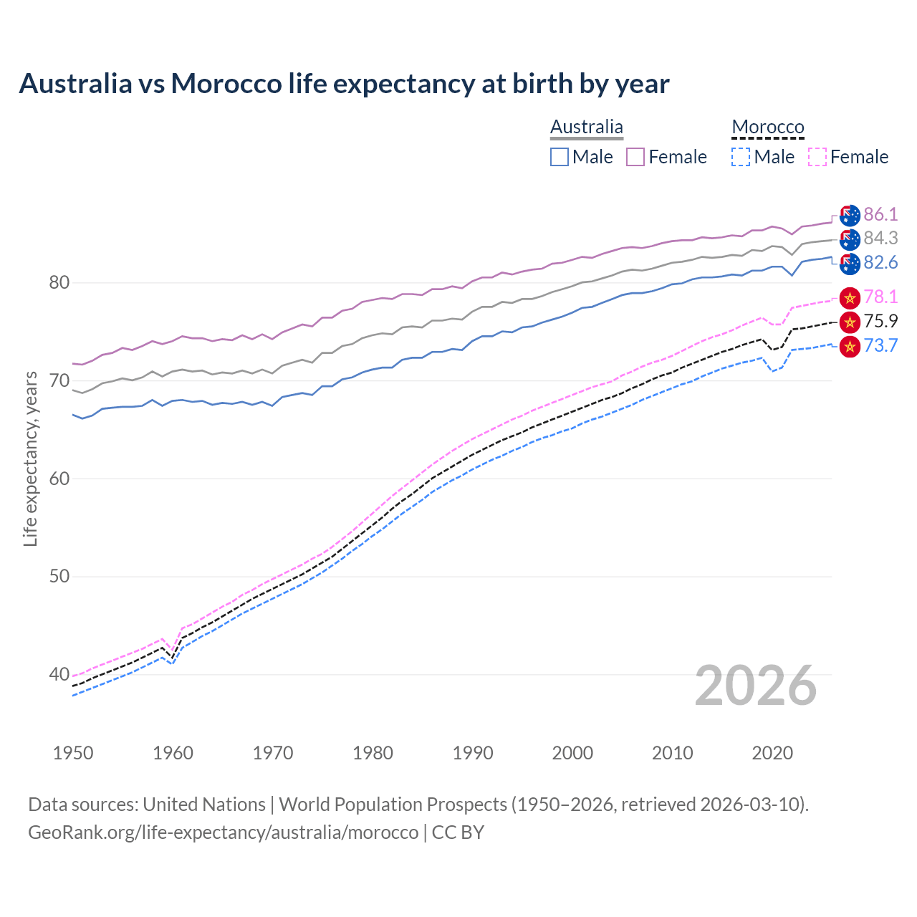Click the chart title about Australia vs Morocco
tap(344, 84)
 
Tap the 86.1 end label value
tap(880, 214)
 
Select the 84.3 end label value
tap(880, 238)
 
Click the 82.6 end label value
tap(880, 262)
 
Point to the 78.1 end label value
tap(880, 297)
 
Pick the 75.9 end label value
tap(880, 321)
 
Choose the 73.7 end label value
tap(880, 345)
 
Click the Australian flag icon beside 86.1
tap(850, 215)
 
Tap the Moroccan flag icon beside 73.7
tap(850, 346)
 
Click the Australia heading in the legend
tap(586, 127)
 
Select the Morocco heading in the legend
tap(768, 127)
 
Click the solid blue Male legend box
tap(560, 157)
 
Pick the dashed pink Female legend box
tap(817, 157)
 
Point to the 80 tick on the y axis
tap(59, 282)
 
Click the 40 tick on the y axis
tap(59, 674)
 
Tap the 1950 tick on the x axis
tap(73, 753)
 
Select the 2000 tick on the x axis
tap(572, 753)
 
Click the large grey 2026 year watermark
tap(756, 686)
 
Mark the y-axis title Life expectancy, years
tap(30, 458)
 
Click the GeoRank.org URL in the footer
tap(223, 832)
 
